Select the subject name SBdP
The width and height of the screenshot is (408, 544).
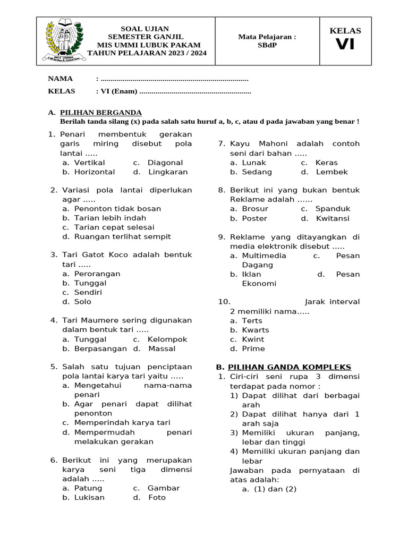[x=267, y=45]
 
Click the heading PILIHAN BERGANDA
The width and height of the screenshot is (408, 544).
[x=101, y=113]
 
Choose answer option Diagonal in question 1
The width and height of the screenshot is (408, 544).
[x=165, y=163]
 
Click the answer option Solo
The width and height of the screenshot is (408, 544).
[x=83, y=302]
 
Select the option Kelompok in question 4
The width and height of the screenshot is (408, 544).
[x=167, y=339]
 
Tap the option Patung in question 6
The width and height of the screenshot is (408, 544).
[x=88, y=488]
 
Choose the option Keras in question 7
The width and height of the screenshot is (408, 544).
[x=326, y=163]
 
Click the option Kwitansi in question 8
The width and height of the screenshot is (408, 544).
[x=333, y=218]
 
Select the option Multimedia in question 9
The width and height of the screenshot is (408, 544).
[x=264, y=256]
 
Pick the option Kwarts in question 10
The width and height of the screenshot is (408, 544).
[x=256, y=330]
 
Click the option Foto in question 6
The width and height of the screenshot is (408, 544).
[x=157, y=498]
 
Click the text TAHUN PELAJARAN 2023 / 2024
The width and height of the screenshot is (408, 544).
[x=147, y=53]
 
